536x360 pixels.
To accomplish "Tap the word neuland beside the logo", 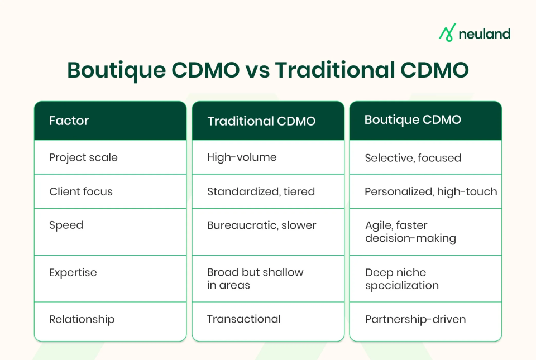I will (x=484, y=33).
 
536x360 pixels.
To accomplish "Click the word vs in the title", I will (x=257, y=71).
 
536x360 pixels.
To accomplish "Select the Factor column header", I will (x=69, y=121).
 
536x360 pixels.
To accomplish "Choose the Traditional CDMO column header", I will (x=261, y=121).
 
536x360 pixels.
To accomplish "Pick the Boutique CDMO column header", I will (x=413, y=120).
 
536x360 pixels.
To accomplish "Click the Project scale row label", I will (x=83, y=157).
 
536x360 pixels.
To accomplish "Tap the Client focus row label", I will (x=81, y=191).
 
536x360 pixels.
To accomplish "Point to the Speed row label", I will (x=66, y=225).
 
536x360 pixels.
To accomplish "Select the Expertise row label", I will (x=73, y=272).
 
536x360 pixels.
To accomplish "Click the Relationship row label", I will (x=82, y=319).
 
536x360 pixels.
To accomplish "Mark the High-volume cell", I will (x=242, y=157).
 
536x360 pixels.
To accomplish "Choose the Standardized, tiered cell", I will (x=261, y=191).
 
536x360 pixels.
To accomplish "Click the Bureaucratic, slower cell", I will (x=261, y=225).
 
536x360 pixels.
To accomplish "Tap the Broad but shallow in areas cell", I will (x=255, y=279).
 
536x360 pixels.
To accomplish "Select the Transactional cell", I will (x=243, y=319).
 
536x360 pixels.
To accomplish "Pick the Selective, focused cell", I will (x=413, y=158).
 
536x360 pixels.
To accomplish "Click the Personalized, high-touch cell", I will (x=430, y=191).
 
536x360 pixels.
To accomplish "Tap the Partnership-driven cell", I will (x=415, y=320).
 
